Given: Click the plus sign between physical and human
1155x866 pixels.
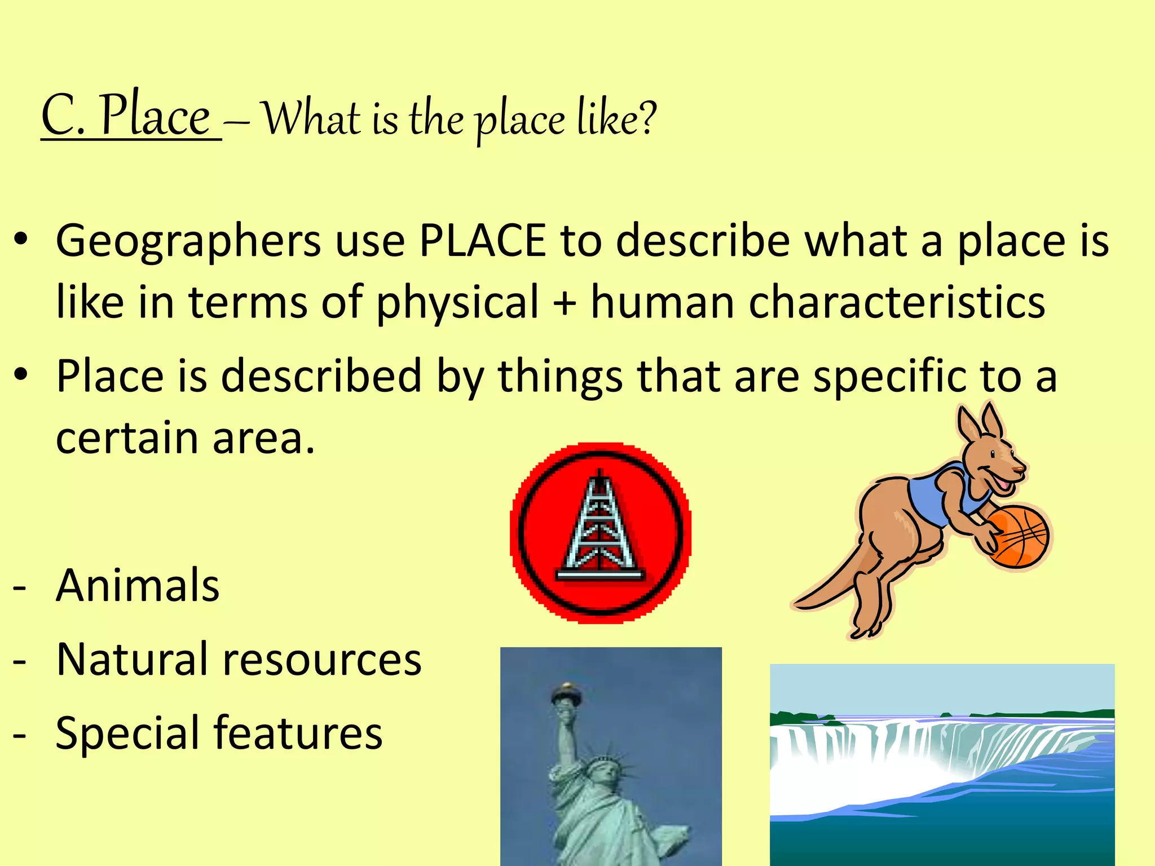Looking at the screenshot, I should coord(565,302).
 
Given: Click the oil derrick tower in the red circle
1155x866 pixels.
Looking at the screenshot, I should coord(600,530).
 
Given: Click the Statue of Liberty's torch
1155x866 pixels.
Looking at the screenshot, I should coord(566,693).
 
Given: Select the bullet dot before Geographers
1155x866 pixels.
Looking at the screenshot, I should coord(21,240).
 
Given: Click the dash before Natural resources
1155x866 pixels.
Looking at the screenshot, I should coord(20,660).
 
